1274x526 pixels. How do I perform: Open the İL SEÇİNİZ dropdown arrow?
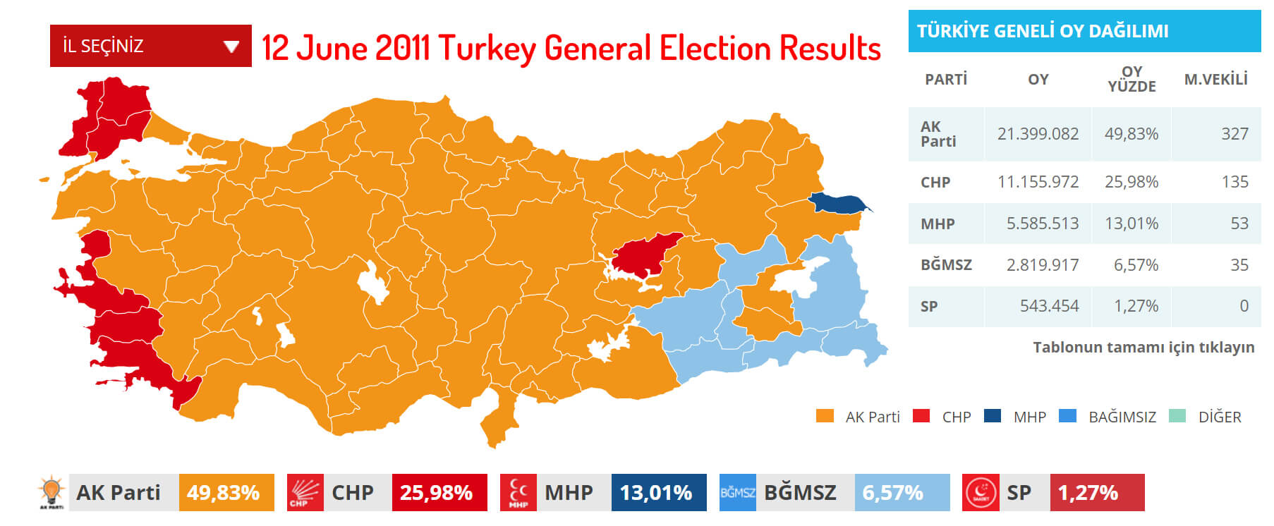pyautogui.click(x=231, y=47)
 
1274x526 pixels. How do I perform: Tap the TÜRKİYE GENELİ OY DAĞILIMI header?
pyautogui.click(x=1043, y=31)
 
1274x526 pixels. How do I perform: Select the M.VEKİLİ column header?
pyautogui.click(x=1215, y=79)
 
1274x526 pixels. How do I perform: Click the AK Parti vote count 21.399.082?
pyautogui.click(x=1038, y=134)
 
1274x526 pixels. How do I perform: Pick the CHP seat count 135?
pyautogui.click(x=1234, y=182)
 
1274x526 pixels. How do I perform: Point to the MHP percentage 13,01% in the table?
pyautogui.click(x=1131, y=224)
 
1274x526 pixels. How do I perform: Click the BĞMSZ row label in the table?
pyautogui.click(x=946, y=265)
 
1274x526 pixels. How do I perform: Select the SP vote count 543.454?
pyautogui.click(x=1049, y=306)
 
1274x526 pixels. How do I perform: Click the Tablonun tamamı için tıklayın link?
pyautogui.click(x=1143, y=347)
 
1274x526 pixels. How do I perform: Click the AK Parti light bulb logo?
pyautogui.click(x=51, y=492)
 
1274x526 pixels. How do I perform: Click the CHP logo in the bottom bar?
pyautogui.click(x=305, y=492)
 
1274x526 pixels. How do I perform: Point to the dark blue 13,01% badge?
pyautogui.click(x=658, y=492)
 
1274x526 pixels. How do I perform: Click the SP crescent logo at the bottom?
pyautogui.click(x=981, y=492)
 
